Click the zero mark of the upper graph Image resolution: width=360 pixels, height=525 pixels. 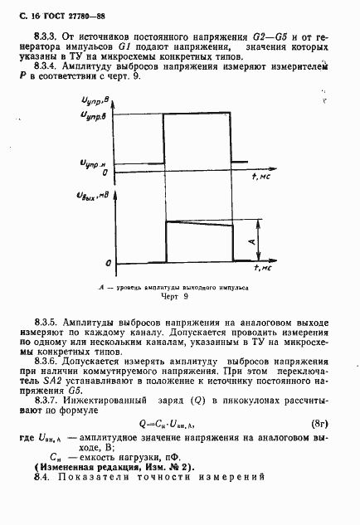click(103, 173)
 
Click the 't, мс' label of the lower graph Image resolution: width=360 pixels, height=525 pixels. click(263, 268)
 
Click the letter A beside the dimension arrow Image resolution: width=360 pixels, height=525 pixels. click(251, 241)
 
